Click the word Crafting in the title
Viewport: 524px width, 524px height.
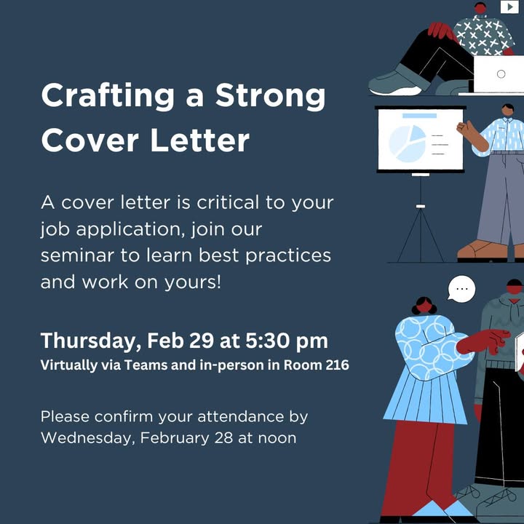point(108,97)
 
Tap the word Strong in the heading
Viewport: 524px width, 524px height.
point(270,97)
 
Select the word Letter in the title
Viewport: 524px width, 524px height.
point(199,140)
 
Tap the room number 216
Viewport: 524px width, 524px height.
point(337,365)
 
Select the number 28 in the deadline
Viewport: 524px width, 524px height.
point(223,438)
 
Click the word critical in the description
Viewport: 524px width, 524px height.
point(228,202)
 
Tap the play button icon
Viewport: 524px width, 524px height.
point(509,7)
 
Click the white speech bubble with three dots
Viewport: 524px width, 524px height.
point(461,289)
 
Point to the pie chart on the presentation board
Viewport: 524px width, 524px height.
point(408,143)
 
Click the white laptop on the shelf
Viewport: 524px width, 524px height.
point(499,74)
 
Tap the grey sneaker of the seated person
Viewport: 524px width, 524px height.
point(396,82)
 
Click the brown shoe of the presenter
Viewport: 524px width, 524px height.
point(483,250)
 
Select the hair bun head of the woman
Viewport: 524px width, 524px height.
point(424,305)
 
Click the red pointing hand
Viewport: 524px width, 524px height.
point(483,341)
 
